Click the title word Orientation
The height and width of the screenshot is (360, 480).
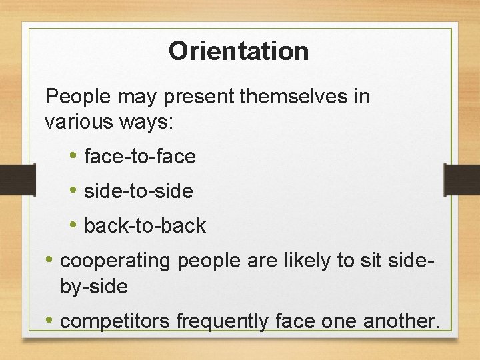(x=239, y=51)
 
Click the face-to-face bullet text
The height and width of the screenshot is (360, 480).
(x=140, y=157)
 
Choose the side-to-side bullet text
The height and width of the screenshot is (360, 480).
(x=139, y=191)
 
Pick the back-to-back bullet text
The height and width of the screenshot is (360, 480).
(x=145, y=226)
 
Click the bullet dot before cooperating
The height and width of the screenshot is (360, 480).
(x=50, y=259)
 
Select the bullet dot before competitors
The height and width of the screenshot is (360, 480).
(x=50, y=321)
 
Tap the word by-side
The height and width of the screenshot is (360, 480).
(x=93, y=287)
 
